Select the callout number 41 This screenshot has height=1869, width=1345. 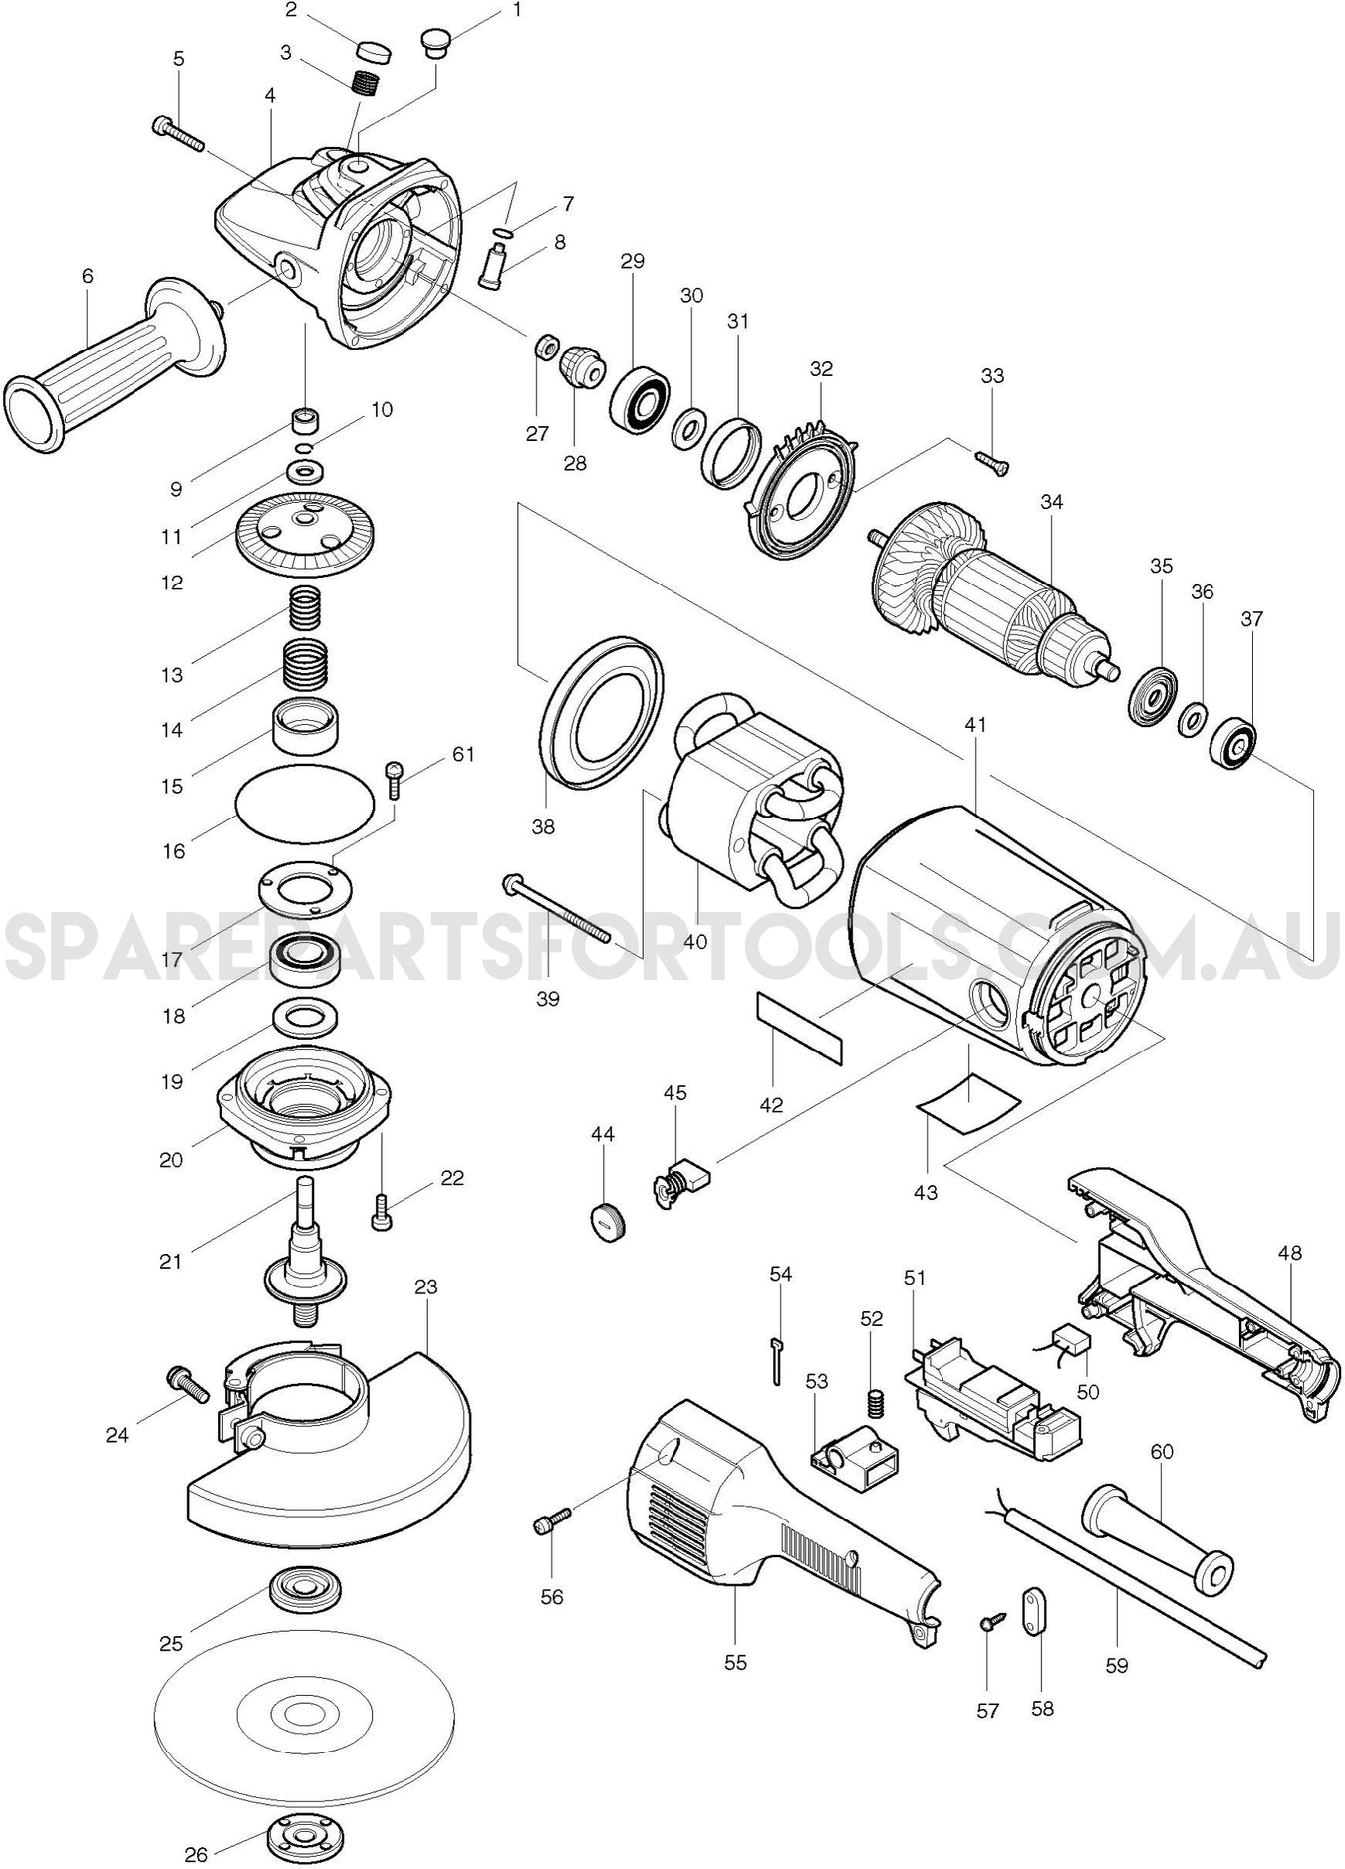pyautogui.click(x=975, y=725)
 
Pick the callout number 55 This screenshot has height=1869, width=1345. pyautogui.click(x=735, y=1662)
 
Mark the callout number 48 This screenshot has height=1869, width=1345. pyautogui.click(x=1289, y=1253)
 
